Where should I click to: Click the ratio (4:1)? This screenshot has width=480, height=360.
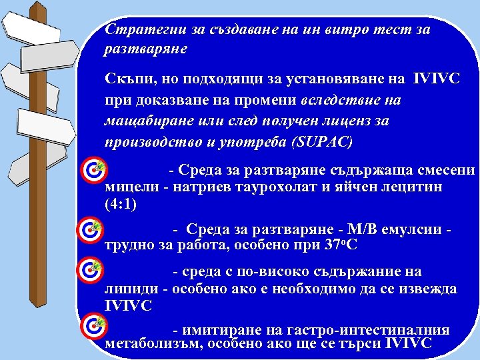point(121,204)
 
